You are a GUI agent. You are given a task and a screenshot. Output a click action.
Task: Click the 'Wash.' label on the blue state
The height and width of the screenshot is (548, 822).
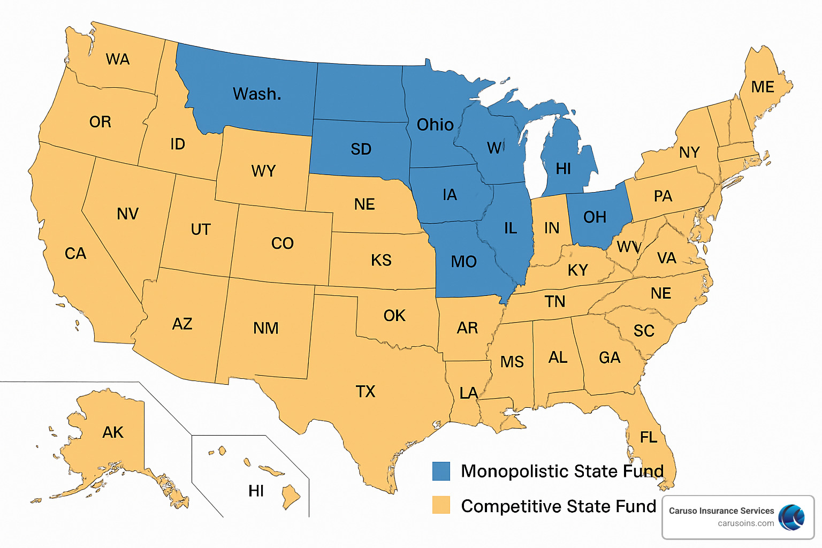[257, 94]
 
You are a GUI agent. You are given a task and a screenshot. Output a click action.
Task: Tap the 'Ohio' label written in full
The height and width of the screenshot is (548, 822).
[435, 125]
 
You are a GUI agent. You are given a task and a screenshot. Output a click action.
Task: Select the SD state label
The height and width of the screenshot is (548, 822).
[361, 149]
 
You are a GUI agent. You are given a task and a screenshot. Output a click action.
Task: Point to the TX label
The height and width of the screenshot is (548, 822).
[366, 392]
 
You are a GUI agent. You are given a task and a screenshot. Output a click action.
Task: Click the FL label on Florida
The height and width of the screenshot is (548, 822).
[649, 438]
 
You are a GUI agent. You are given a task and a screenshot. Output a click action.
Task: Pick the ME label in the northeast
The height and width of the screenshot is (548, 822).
[763, 87]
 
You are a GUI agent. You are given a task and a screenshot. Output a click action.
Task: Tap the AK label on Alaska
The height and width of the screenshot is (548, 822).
[113, 432]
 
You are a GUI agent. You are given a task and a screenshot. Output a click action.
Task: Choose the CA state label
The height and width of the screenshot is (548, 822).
[75, 254]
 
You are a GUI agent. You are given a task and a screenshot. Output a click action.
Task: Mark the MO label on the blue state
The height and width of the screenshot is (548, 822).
[463, 262]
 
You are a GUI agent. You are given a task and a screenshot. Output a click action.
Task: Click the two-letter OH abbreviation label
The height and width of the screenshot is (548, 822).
[595, 217]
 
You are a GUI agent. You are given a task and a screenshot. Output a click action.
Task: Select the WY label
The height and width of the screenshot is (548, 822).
[263, 171]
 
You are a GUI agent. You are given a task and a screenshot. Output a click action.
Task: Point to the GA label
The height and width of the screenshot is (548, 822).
[610, 357]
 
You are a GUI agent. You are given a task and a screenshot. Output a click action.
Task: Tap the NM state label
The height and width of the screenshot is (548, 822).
[266, 328]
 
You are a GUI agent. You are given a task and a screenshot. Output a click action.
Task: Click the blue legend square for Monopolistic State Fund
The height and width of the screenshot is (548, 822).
[442, 471]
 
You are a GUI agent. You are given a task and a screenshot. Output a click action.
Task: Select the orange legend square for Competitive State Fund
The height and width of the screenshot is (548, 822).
[442, 505]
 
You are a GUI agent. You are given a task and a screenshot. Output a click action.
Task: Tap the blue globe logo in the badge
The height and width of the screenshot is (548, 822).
[791, 517]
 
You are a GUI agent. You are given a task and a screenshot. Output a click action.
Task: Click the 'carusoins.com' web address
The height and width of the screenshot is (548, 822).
[745, 523]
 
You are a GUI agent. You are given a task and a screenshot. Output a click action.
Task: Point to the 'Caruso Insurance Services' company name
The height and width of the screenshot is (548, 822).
[721, 511]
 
